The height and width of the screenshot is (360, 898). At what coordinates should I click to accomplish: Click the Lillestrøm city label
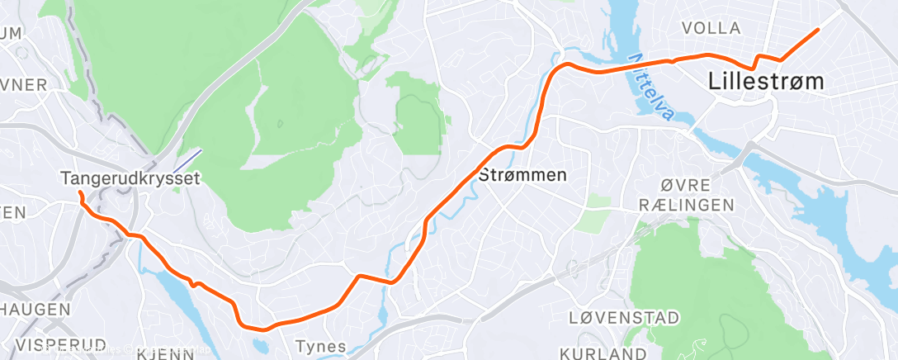(x=765, y=82)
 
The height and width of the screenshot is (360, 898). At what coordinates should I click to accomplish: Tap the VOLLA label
(x=711, y=28)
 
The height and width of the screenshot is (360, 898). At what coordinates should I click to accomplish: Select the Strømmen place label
(x=522, y=176)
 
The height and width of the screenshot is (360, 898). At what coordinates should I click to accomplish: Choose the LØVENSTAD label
(x=625, y=318)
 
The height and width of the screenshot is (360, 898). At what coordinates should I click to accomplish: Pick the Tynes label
(x=320, y=346)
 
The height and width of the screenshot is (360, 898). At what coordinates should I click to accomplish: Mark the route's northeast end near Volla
(x=817, y=30)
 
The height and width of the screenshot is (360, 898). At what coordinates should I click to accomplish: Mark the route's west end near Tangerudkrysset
(x=80, y=192)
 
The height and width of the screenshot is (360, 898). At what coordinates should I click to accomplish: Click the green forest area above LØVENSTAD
(x=693, y=272)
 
